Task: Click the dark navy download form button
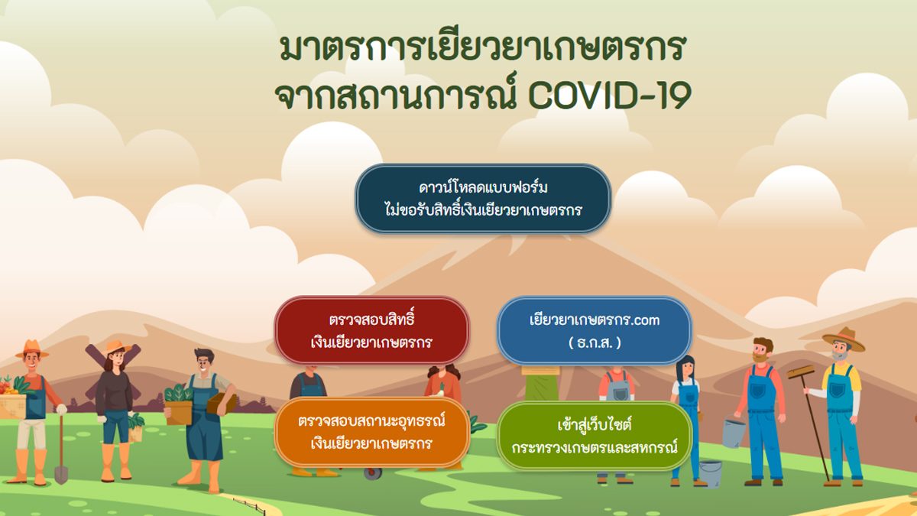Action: tap(483, 199)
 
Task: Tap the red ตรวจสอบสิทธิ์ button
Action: tap(371, 330)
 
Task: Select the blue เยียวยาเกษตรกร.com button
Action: tap(595, 330)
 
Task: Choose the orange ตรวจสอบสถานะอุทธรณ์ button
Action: tap(371, 432)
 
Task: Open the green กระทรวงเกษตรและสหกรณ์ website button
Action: tap(595, 435)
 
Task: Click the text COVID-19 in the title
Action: tap(610, 96)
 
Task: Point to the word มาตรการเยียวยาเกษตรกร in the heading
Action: tap(483, 47)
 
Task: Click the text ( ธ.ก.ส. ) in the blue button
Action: tap(595, 342)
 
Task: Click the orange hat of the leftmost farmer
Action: tap(32, 349)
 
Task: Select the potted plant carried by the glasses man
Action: tap(178, 404)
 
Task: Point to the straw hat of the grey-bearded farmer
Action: tap(844, 339)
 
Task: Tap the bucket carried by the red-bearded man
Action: tap(734, 431)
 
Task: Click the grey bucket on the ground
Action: tap(710, 473)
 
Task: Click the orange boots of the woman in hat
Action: tap(116, 462)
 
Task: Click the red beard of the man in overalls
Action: tap(760, 358)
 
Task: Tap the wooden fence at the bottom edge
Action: tap(250, 505)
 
